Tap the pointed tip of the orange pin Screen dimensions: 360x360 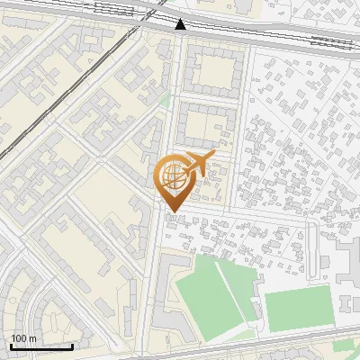pos(171,211)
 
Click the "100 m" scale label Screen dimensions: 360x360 pos(24,337)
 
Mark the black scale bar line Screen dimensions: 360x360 pos(41,346)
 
